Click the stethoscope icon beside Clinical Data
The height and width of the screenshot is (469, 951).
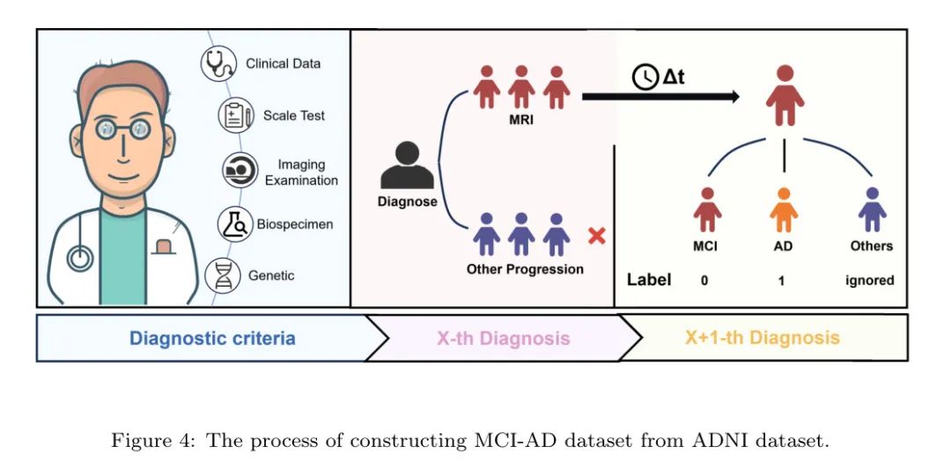218,63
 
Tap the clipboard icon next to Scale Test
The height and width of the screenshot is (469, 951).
236,115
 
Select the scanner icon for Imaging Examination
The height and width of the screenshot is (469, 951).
240,171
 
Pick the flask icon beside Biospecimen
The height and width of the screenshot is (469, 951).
235,224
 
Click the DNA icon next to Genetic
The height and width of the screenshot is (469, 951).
223,275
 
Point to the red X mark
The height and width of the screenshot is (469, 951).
597,236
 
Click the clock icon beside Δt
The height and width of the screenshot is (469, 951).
645,77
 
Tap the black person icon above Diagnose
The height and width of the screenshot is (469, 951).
407,165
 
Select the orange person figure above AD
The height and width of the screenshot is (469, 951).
784,209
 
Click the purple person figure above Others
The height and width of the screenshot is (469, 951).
872,209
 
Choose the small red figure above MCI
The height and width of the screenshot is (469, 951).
707,209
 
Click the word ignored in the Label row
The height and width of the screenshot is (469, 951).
870,281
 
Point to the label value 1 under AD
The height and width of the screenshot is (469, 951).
781,282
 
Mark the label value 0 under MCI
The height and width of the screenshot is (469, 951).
704,282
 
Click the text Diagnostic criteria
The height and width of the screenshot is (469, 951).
213,338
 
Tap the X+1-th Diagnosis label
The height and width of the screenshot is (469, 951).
763,338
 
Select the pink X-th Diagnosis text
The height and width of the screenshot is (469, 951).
504,338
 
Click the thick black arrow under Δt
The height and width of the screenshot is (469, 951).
660,96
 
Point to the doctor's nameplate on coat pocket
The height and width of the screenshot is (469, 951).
162,246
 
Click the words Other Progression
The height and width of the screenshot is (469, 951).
525,269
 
